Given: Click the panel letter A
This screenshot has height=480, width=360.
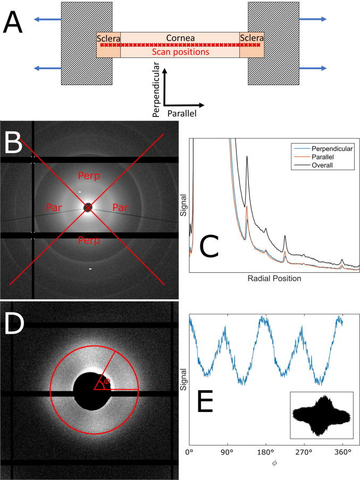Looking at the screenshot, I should [14, 24].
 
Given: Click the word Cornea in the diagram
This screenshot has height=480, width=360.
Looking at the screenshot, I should [180, 38].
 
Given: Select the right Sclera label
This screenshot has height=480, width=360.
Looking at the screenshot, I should [252, 38].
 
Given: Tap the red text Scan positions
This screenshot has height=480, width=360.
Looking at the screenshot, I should [180, 52].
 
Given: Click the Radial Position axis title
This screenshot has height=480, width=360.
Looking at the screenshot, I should [274, 279].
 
